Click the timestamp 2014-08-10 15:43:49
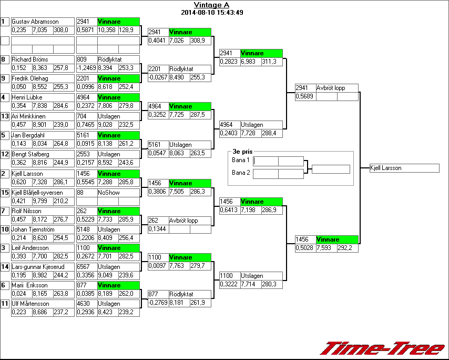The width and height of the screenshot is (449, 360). coord(211,12)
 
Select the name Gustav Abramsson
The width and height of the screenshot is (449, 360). coord(35,22)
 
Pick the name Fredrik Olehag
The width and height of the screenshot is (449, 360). coord(30,78)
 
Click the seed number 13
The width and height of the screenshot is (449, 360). coord(5,116)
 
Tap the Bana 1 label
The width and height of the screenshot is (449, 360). coord(240,159)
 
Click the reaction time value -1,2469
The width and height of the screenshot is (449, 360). coord(87,68)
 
